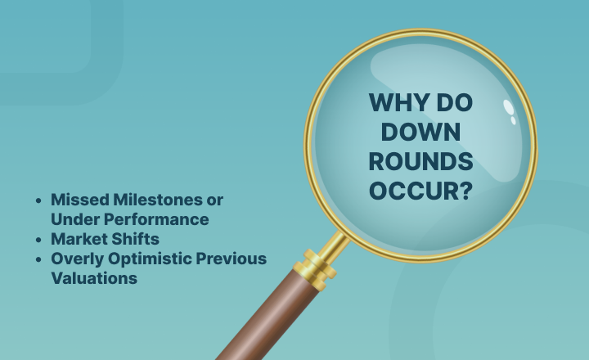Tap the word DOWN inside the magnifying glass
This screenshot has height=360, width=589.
(420, 132)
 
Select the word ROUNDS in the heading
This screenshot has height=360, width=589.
(420, 161)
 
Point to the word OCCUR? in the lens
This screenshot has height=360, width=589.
(420, 191)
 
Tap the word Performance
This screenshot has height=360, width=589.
(156, 219)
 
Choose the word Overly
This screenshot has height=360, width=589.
(77, 259)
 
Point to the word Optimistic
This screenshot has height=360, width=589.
(150, 259)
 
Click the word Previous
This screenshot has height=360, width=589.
(232, 259)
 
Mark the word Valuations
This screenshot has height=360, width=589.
(94, 278)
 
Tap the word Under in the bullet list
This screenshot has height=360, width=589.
(75, 219)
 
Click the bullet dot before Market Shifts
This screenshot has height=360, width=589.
(38, 240)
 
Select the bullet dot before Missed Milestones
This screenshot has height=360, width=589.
(38, 200)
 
